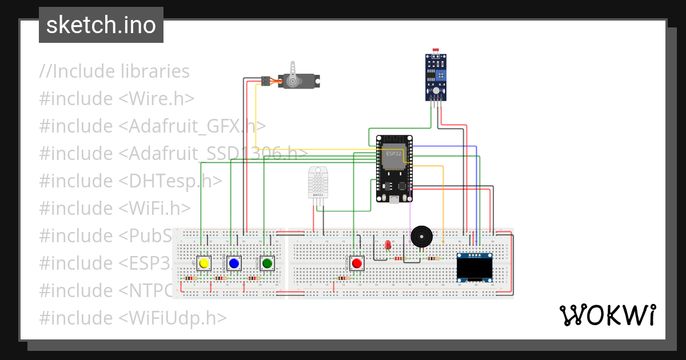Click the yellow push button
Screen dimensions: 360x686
(204, 263)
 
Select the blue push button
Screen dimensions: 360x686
(233, 263)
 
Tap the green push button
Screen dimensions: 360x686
(266, 263)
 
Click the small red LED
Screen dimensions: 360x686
(388, 245)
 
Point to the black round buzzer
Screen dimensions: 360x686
(422, 236)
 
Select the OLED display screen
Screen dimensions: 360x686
(475, 267)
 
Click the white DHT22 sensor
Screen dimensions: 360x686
(318, 182)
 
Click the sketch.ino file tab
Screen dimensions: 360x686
(101, 25)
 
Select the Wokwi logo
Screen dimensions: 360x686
(607, 315)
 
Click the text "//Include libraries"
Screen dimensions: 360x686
(114, 71)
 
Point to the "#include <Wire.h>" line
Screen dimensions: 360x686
(117, 99)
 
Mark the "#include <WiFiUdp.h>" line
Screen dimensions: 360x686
(133, 318)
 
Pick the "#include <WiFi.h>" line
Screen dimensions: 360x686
(114, 208)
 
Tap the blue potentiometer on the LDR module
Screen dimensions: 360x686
(441, 75)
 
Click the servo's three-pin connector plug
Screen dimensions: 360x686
(265, 81)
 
